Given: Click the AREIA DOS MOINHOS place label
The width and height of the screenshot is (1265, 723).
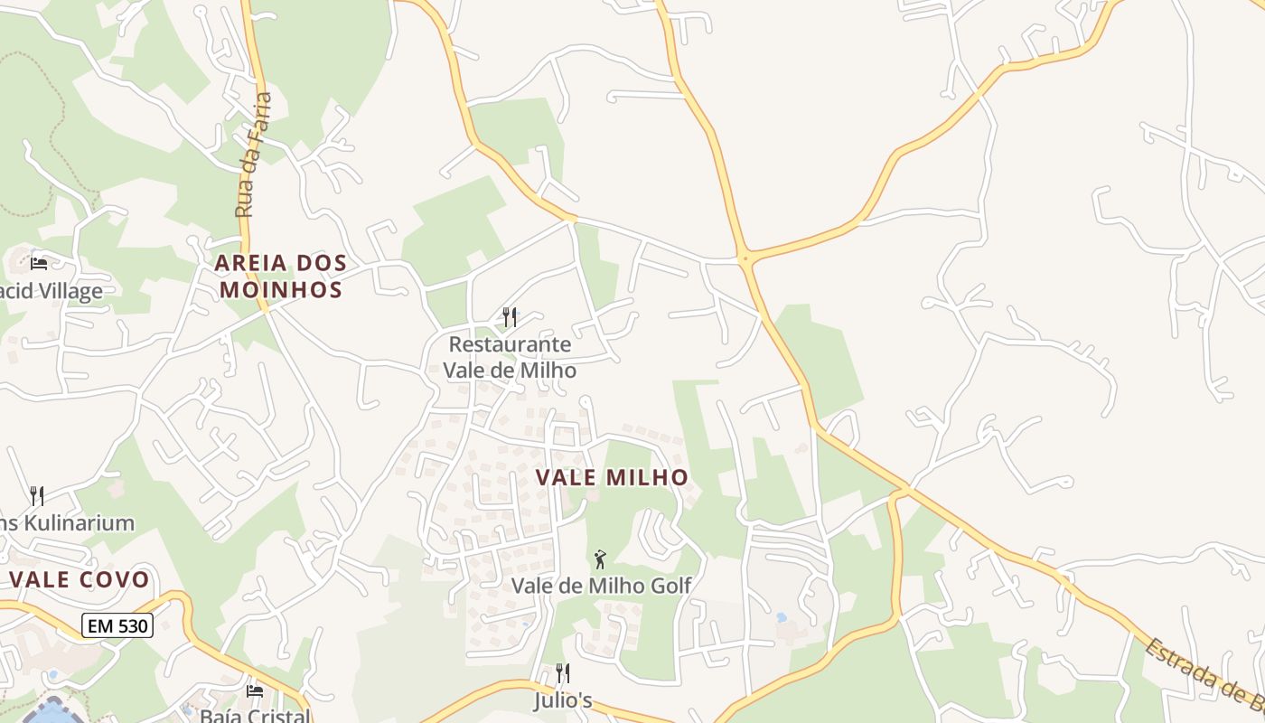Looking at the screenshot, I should coord(281,277).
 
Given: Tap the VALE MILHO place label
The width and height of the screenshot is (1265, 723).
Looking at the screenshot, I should coord(613,477).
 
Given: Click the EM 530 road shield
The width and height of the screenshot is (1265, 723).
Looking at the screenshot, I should coord(117,624).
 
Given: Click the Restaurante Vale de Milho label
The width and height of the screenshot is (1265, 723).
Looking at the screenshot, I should coord(510,357).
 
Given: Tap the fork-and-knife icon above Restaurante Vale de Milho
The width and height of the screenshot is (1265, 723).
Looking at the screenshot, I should coord(510,316).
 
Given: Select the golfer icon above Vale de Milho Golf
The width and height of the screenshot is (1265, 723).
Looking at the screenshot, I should coord(600,560).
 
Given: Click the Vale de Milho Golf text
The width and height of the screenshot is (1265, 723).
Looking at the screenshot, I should coord(601,586).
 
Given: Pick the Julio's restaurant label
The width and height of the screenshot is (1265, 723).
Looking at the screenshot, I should coord(562,700).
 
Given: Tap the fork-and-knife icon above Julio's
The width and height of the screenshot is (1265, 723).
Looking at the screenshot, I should coord(562,672).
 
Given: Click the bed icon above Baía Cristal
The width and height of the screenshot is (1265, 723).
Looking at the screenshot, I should coord(255,691).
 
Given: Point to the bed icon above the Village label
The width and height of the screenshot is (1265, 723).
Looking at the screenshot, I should coord(39,263).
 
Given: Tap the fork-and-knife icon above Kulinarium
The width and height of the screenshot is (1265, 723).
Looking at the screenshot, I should coord(37,495).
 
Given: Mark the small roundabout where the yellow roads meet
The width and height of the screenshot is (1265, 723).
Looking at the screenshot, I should coord(746,258).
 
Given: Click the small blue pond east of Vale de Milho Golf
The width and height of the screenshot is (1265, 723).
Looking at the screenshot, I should coord(781,618).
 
